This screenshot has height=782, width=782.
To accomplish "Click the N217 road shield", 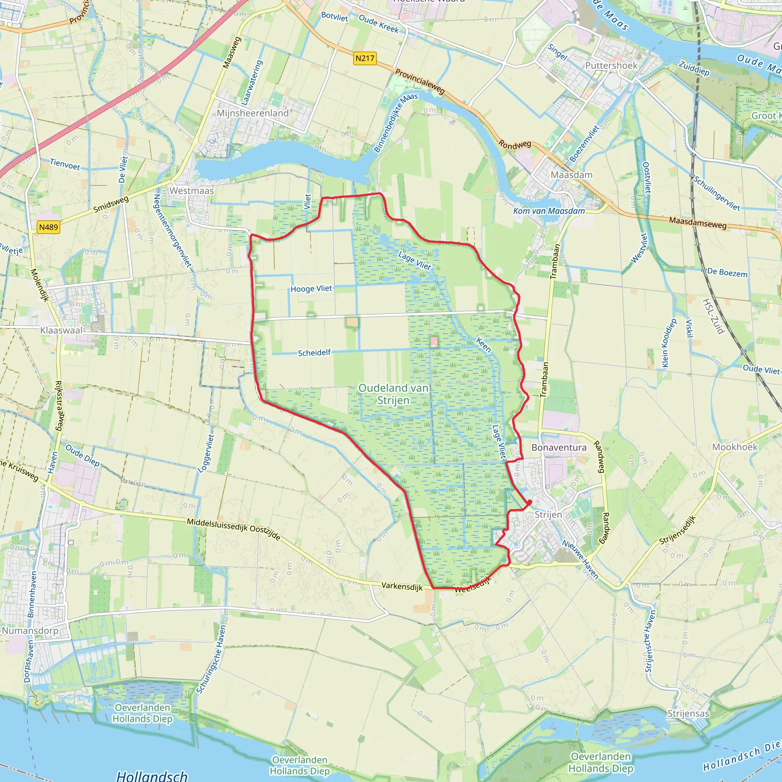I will click(365, 58).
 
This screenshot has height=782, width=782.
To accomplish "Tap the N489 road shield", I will click(48, 227).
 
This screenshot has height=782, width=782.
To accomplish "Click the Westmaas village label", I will click(191, 190).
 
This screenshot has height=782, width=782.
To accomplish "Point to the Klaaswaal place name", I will click(61, 330).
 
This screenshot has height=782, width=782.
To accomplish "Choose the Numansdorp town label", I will click(30, 631).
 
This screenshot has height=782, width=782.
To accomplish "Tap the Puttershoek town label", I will click(611, 66).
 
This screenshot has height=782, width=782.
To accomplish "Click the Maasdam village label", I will click(572, 175).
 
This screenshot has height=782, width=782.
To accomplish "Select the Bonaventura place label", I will click(559, 447).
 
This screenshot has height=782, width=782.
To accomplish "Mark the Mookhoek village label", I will click(735, 447).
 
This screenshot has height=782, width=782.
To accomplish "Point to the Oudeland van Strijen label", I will click(393, 394).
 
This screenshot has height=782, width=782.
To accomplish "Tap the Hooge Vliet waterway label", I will click(311, 289).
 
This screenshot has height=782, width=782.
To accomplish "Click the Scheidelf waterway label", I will click(315, 353).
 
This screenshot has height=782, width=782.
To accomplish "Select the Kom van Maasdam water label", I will click(549, 211).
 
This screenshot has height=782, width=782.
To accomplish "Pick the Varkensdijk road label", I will click(402, 586).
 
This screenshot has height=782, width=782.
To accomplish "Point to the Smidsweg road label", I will click(111, 204).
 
